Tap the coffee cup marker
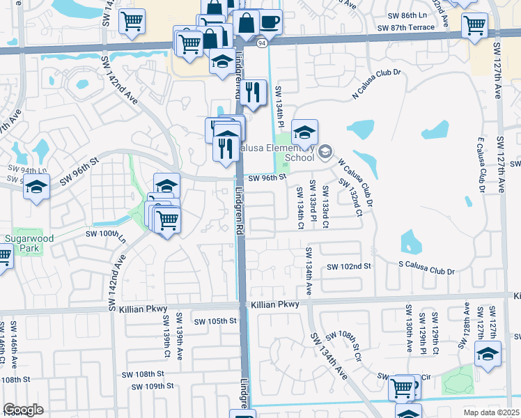[270, 22]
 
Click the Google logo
[23, 410]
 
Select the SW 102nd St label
[350, 267]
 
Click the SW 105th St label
[216, 321]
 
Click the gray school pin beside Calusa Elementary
[325, 152]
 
